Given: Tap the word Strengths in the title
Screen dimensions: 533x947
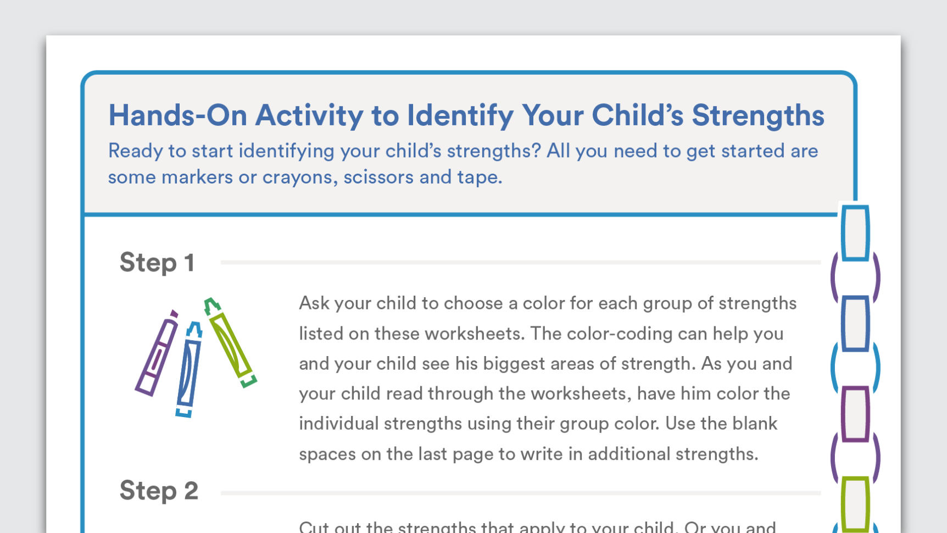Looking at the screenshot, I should pyautogui.click(x=757, y=115).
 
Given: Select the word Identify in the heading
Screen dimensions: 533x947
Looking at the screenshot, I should pyautogui.click(x=460, y=116).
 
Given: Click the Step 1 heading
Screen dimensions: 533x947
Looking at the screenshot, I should pyautogui.click(x=157, y=263).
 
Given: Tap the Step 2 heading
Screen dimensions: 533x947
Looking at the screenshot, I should pyautogui.click(x=159, y=491).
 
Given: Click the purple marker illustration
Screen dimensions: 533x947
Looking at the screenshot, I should pyautogui.click(x=157, y=353).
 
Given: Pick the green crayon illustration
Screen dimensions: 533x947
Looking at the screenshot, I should pyautogui.click(x=231, y=343).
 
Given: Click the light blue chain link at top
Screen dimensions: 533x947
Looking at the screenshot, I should pyautogui.click(x=855, y=232).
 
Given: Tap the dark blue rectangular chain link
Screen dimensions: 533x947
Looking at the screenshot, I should pyautogui.click(x=855, y=323).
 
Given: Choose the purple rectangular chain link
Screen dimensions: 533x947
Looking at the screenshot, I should pyautogui.click(x=855, y=414).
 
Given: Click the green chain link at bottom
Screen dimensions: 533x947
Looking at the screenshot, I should pyautogui.click(x=855, y=503).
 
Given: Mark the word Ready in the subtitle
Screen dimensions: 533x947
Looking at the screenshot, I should pyautogui.click(x=135, y=152).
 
